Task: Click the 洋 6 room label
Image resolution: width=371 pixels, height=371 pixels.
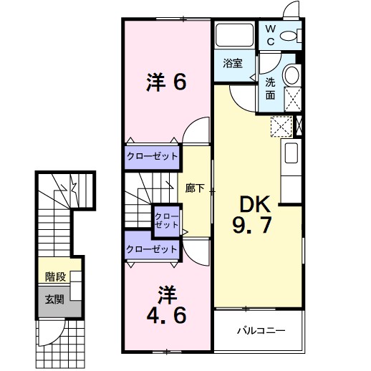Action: (x=166, y=82)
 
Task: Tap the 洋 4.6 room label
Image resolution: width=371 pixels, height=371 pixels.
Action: (x=167, y=305)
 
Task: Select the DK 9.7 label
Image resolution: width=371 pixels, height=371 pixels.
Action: (x=252, y=214)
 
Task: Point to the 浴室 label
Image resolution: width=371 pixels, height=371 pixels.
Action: (x=233, y=63)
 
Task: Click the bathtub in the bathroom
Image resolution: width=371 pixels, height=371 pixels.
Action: (x=234, y=34)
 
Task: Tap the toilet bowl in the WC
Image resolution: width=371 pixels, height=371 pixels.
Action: (x=288, y=37)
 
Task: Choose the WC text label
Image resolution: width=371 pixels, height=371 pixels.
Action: (x=271, y=35)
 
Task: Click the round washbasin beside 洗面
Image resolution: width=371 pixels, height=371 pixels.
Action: (x=291, y=74)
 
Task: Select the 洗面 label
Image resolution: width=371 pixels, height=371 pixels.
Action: (x=270, y=89)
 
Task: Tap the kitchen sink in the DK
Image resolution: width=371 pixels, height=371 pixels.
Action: (x=291, y=153)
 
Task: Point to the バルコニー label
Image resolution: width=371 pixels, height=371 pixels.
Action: (x=261, y=331)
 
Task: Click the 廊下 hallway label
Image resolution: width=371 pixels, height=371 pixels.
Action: (x=195, y=188)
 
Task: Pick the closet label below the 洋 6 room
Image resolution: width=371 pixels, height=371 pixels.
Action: (x=152, y=156)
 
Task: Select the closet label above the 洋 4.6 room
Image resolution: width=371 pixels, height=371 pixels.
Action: (x=152, y=249)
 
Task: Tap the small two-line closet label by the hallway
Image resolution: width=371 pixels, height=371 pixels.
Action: (x=166, y=221)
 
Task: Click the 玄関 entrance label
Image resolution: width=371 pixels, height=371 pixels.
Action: (x=54, y=299)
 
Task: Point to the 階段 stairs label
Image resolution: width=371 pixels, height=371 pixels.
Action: (x=55, y=277)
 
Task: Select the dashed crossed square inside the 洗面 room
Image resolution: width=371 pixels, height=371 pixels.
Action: (x=293, y=99)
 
